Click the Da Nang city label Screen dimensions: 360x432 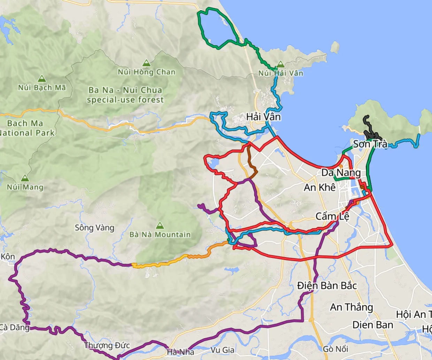click(341, 173)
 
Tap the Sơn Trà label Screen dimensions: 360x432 click(370, 144)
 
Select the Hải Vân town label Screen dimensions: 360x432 click(263, 117)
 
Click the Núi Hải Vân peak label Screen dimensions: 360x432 click(281, 73)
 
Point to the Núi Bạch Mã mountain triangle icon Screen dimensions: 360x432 click(42, 79)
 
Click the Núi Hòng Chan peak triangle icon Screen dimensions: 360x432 click(146, 63)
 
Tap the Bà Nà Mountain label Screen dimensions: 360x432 click(160, 234)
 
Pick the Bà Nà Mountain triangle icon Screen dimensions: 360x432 click(160, 226)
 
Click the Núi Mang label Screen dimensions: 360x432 click(25, 187)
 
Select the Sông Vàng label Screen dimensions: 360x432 click(94, 228)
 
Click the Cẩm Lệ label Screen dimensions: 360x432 click(332, 216)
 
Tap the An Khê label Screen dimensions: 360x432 click(319, 187)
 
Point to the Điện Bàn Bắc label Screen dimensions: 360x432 click(327, 286)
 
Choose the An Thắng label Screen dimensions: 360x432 click(351, 307)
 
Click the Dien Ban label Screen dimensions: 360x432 click(373, 325)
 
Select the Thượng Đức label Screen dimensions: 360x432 click(107, 345)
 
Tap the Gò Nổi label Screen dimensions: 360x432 click(335, 349)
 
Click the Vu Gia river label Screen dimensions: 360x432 click(223, 350)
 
